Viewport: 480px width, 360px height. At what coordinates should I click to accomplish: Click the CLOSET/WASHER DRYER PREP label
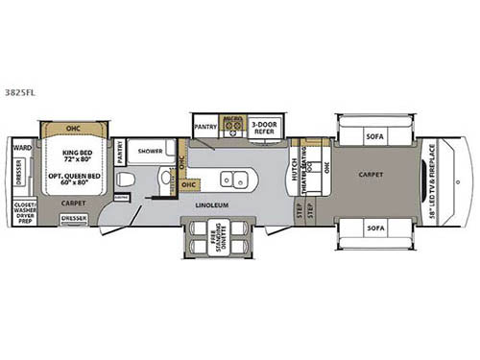24,213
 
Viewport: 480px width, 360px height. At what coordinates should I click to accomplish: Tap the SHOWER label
148,151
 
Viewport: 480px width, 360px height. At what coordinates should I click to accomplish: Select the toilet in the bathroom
128,180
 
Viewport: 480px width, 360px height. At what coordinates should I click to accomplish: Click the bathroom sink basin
165,179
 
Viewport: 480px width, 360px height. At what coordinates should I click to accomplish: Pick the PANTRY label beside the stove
204,126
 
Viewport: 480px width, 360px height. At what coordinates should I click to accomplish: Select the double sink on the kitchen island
231,180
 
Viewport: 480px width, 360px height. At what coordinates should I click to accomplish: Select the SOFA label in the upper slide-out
375,136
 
